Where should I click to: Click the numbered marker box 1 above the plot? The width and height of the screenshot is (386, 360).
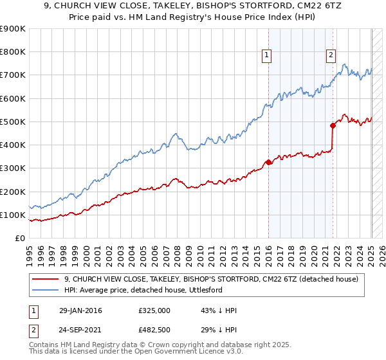click(x=266, y=56)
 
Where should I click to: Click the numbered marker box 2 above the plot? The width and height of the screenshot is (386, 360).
click(x=331, y=56)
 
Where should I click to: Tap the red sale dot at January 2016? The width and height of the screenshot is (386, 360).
click(x=268, y=162)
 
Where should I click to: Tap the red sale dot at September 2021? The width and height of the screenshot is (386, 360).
click(x=333, y=125)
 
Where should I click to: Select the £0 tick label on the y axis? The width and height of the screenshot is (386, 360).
click(x=21, y=238)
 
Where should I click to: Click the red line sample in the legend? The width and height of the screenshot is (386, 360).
click(x=46, y=278)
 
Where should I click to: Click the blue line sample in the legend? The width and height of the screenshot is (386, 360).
click(x=46, y=289)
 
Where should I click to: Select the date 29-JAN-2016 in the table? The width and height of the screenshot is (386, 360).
click(x=79, y=310)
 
